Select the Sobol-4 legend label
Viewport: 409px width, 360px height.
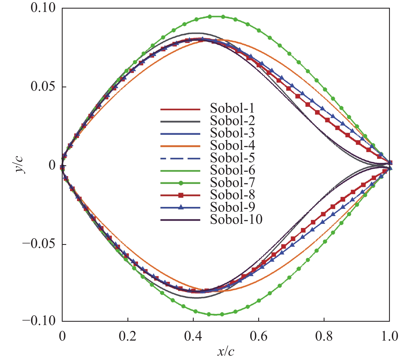pyautogui.click(x=232, y=145)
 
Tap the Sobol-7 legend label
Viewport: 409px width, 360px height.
pyautogui.click(x=232, y=182)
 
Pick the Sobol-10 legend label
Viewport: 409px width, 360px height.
pyautogui.click(x=236, y=219)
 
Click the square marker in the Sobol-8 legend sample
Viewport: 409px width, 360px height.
pyautogui.click(x=181, y=195)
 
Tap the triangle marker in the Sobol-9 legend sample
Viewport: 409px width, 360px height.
pyautogui.click(x=181, y=207)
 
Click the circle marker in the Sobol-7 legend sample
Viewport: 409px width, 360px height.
pyautogui.click(x=181, y=183)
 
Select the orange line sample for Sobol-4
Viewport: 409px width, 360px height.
pyautogui.click(x=180, y=146)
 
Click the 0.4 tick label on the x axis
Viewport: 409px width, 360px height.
pyautogui.click(x=193, y=336)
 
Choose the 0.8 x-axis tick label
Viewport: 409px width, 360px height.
pyautogui.click(x=324, y=336)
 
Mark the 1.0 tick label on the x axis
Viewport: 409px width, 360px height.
pyautogui.click(x=389, y=336)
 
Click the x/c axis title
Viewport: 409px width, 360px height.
pyautogui.click(x=226, y=352)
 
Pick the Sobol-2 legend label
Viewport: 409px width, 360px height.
pyautogui.click(x=232, y=121)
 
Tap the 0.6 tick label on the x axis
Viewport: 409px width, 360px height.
pyautogui.click(x=259, y=336)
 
